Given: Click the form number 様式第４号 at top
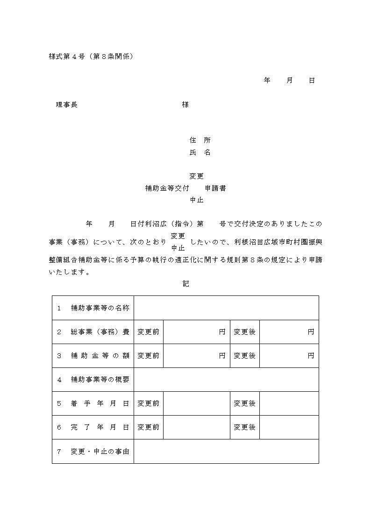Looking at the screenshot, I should coord(66,56).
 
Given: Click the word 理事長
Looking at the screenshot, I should coord(66,105).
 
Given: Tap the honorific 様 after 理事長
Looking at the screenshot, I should coord(185,105).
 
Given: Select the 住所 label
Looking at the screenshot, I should coord(200,140).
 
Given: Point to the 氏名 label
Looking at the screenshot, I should coord(200,152).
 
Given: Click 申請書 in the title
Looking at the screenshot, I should coord(216,188).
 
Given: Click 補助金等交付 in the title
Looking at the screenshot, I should coord(167,188).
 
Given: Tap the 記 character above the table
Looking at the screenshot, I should coord(185,283).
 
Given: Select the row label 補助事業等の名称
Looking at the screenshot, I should coord(100,308).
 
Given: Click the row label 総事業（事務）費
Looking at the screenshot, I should coord(100,332).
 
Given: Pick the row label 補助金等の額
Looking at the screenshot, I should coord(100,356).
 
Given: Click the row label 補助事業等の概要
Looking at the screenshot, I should coord(100,380).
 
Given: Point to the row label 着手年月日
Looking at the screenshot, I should coord(100,403).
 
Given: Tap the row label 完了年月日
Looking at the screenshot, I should coord(100,427).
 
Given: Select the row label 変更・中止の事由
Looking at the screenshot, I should coord(100,452).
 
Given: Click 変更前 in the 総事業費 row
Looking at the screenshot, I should coord(149,332).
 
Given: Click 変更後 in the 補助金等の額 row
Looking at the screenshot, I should coord(245,356).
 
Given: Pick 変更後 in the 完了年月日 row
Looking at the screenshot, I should coord(245,427).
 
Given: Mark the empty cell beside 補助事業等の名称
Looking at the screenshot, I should coord(226,308).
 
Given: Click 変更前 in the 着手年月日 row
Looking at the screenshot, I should coord(149,403).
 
